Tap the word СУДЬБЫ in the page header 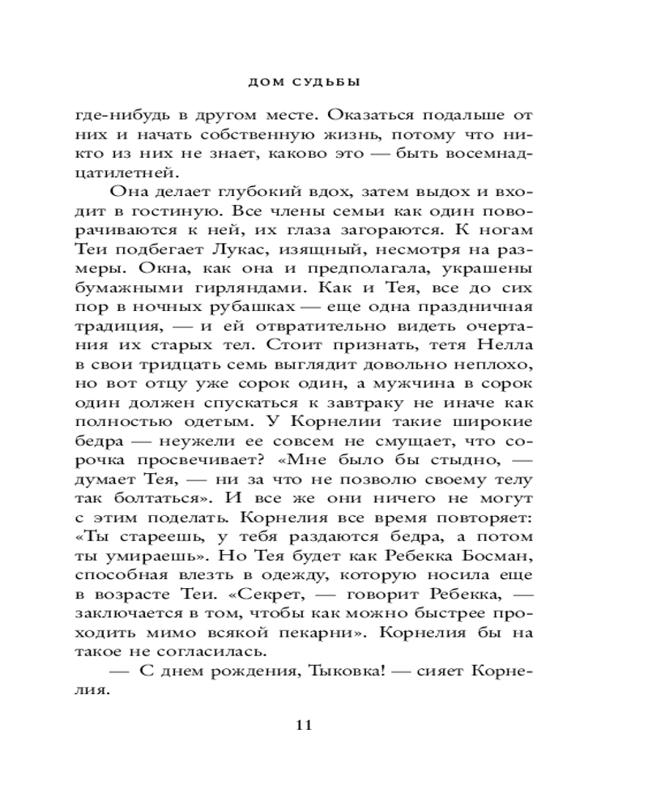point(322,82)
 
